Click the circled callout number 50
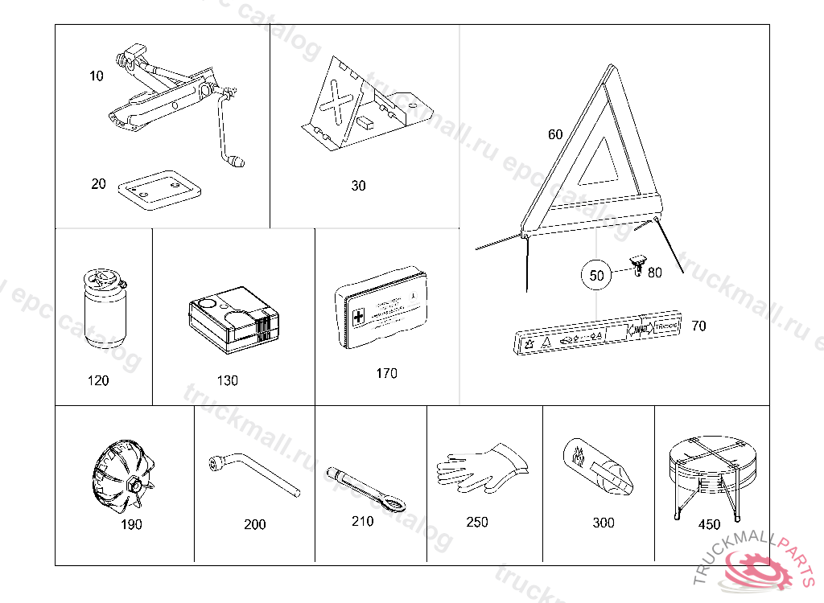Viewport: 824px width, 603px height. point(596,275)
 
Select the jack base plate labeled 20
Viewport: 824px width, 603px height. point(157,189)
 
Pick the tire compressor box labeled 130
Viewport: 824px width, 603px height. point(233,320)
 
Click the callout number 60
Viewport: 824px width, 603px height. point(555,135)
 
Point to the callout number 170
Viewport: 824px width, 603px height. point(386,373)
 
